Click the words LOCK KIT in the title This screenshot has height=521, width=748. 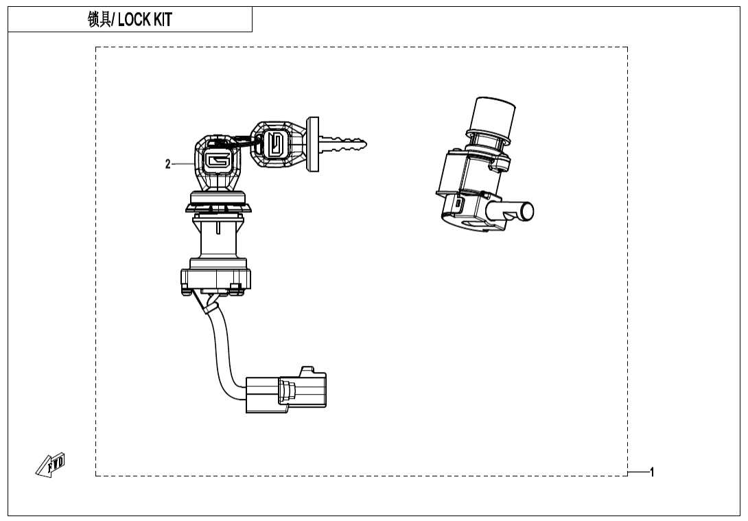tap(145, 20)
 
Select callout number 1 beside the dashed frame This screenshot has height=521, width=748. tap(652, 472)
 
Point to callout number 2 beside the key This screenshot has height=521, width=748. tap(167, 164)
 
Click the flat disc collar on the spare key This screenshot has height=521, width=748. tap(313, 143)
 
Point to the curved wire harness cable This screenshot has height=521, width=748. tap(221, 350)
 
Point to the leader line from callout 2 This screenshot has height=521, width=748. tap(183, 164)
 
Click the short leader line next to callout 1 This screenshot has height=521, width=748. tap(638, 472)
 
